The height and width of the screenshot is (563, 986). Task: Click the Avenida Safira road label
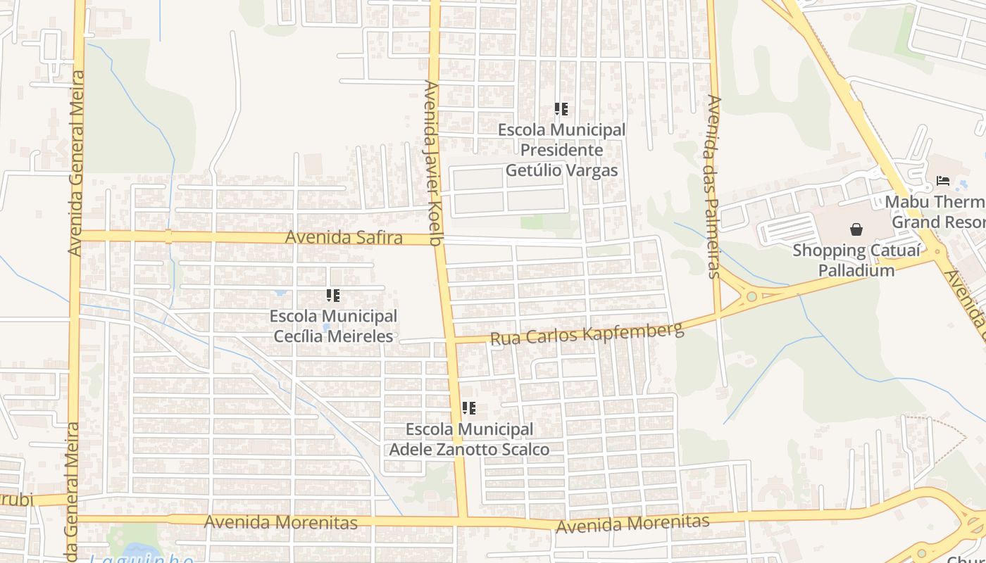(x=343, y=237)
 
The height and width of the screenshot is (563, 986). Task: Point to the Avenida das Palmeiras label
(x=713, y=186)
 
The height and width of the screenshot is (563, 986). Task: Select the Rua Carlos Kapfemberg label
(x=587, y=334)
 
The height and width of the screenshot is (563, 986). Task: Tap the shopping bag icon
(x=856, y=229)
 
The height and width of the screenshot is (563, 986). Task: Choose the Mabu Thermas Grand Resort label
(x=937, y=212)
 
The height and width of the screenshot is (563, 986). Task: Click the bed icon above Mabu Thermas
(x=943, y=181)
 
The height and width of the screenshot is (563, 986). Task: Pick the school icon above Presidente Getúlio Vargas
(x=561, y=109)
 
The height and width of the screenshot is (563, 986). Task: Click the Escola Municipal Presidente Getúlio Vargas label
(x=561, y=150)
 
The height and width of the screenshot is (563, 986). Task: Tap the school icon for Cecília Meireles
(x=333, y=296)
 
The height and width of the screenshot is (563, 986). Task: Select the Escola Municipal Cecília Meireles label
(x=333, y=326)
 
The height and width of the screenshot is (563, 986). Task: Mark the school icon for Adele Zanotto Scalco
(x=469, y=408)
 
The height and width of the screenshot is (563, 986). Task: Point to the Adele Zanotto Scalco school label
(x=469, y=439)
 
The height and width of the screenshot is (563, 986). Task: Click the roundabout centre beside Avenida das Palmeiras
(x=751, y=296)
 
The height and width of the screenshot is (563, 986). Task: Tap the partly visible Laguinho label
(x=141, y=559)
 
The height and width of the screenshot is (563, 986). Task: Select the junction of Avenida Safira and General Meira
(x=75, y=235)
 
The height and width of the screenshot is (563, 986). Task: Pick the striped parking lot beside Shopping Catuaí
(x=787, y=229)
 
